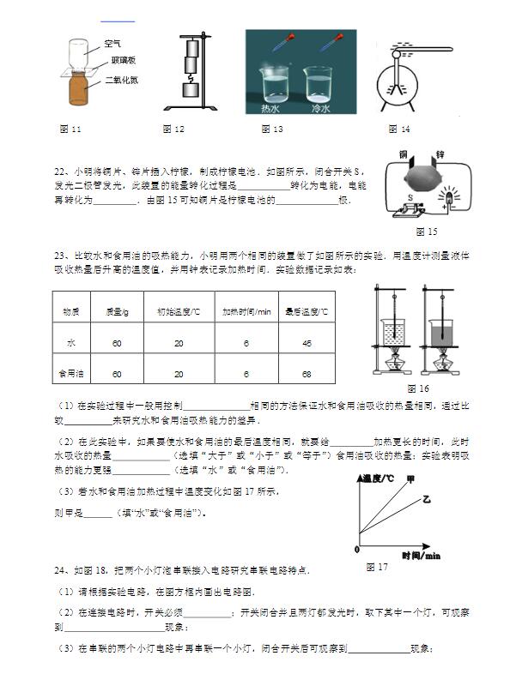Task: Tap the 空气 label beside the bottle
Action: pos(112,42)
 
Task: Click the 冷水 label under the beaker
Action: pos(319,109)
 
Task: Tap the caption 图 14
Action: pos(399,129)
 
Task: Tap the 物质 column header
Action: pos(70,310)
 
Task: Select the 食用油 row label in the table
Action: pos(70,374)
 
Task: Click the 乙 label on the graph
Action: pos(424,498)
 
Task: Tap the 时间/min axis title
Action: pos(420,555)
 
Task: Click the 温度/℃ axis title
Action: pos(377,478)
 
